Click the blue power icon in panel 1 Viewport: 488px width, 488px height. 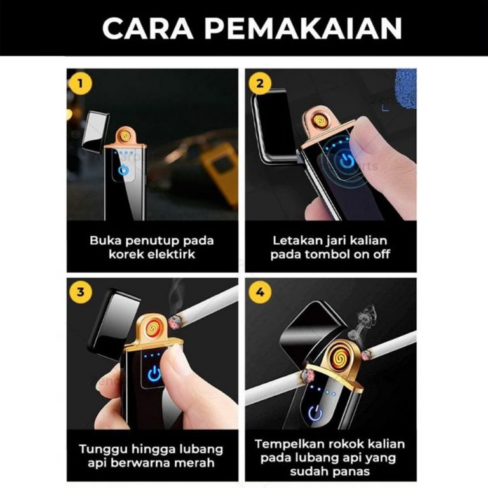124,170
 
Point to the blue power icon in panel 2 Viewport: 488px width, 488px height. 346,161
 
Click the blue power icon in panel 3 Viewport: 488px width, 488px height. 154,375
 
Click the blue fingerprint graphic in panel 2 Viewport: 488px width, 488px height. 405,88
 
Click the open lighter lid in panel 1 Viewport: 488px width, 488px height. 95,130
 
